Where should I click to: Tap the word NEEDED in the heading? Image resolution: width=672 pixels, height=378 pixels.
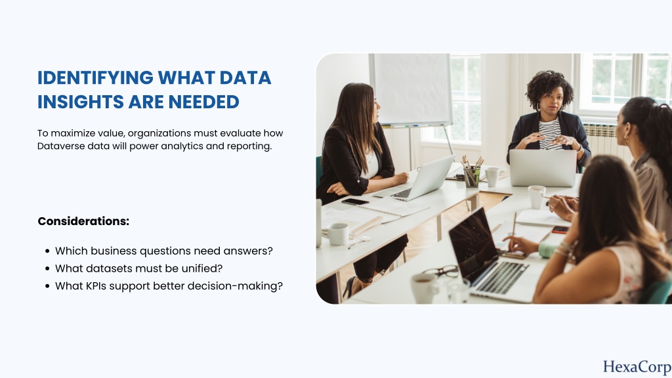click(x=203, y=102)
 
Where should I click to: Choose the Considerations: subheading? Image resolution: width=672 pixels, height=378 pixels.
click(x=83, y=221)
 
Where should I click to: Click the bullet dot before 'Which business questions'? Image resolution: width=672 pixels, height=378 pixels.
click(x=47, y=251)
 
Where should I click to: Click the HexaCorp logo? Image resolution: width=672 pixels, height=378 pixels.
click(x=637, y=367)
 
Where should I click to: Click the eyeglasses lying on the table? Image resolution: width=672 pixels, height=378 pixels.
click(x=440, y=271)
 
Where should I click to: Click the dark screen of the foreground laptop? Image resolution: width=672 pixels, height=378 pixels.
click(x=473, y=244)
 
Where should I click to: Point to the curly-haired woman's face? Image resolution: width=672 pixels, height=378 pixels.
click(x=551, y=98)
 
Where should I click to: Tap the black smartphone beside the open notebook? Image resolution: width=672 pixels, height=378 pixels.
click(x=355, y=201)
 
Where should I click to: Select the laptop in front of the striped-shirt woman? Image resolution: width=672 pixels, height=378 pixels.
click(x=543, y=167)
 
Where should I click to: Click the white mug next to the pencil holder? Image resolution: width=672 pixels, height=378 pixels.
click(x=492, y=177)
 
